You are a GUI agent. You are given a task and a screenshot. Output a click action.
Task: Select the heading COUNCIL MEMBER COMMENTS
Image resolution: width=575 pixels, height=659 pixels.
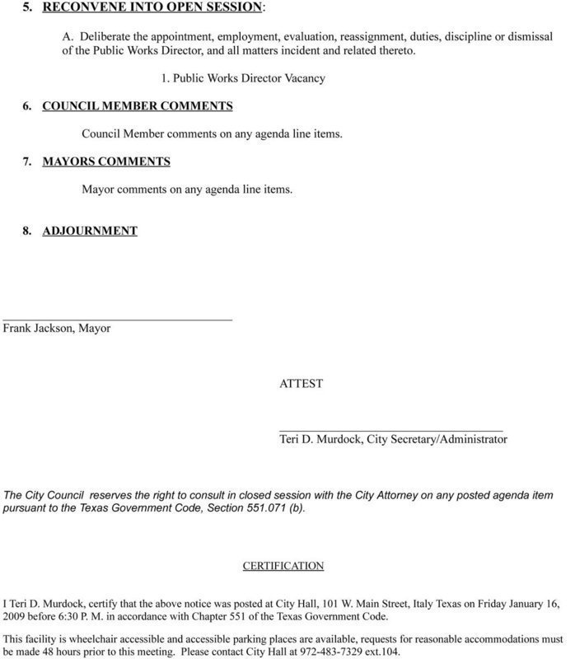click(129, 106)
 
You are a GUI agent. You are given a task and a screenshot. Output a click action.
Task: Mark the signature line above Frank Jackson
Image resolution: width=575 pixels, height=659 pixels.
click(118, 318)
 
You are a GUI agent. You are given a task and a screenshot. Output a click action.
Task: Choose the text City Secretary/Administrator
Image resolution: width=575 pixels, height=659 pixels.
click(443, 441)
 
